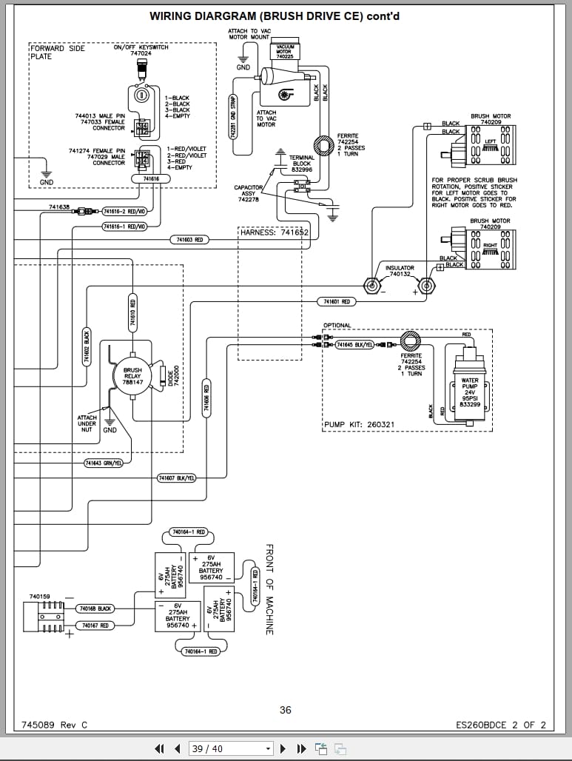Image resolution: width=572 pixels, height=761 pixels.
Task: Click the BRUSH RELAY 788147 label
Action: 132,376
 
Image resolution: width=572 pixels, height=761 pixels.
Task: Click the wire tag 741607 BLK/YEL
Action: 177,478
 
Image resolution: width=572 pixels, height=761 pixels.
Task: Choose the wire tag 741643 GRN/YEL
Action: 103,463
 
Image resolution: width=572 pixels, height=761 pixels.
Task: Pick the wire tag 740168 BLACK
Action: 95,609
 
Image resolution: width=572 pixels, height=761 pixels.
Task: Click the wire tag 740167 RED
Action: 95,626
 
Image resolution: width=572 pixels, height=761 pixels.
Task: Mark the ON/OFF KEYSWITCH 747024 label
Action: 141,50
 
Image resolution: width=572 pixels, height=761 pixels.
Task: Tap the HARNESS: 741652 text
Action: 274,232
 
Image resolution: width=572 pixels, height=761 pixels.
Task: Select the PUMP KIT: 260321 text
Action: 360,425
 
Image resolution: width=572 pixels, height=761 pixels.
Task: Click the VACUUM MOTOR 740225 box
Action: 284,52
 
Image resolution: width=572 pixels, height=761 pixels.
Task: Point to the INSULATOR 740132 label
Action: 400,271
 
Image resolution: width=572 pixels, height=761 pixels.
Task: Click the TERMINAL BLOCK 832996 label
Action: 302,164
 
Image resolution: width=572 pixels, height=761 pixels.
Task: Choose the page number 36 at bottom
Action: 286,710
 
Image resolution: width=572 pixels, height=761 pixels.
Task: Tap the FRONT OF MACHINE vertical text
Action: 269,589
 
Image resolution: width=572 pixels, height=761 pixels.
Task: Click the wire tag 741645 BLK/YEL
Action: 355,345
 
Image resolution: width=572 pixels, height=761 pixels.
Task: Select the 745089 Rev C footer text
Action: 55,725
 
